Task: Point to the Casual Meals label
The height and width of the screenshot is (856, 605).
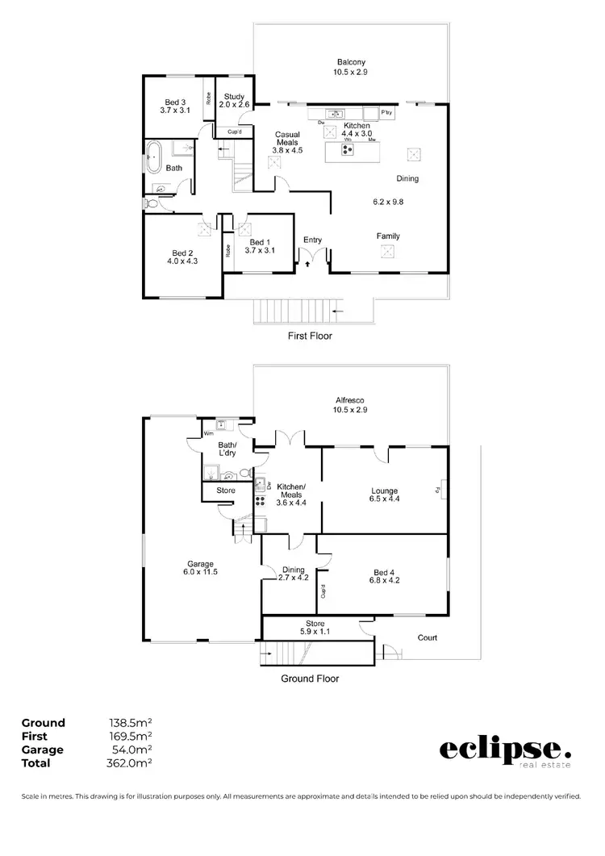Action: pyautogui.click(x=287, y=142)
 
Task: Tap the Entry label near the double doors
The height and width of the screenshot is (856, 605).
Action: pyautogui.click(x=312, y=240)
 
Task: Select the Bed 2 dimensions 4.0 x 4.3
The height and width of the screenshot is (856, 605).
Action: pyautogui.click(x=181, y=261)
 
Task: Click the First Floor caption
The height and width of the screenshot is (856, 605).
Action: pyautogui.click(x=310, y=336)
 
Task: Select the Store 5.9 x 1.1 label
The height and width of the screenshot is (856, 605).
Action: pyautogui.click(x=315, y=628)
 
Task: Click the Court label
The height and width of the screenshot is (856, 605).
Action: pyautogui.click(x=427, y=637)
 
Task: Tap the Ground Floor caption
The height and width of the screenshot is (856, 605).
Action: pyautogui.click(x=310, y=679)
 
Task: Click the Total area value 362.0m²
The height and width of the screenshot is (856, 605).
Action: pyautogui.click(x=131, y=762)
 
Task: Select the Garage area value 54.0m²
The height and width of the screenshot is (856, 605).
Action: pyautogui.click(x=131, y=750)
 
